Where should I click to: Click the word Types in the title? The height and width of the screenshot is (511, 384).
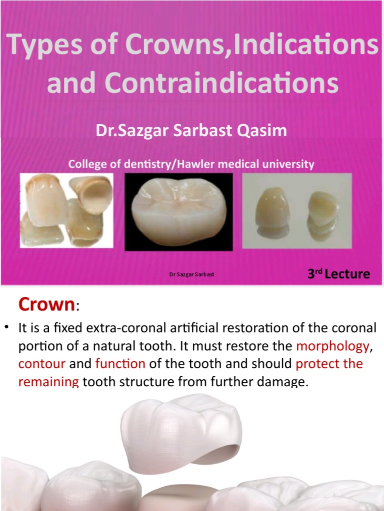[43, 47]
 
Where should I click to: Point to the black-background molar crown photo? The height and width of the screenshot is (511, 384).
[178, 211]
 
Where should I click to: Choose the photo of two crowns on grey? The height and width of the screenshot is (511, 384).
[297, 211]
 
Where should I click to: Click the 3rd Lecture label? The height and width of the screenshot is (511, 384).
[338, 273]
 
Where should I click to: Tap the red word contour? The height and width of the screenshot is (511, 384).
[42, 364]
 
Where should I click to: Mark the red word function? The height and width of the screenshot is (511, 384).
[120, 364]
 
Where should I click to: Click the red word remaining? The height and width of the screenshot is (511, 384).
[48, 382]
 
